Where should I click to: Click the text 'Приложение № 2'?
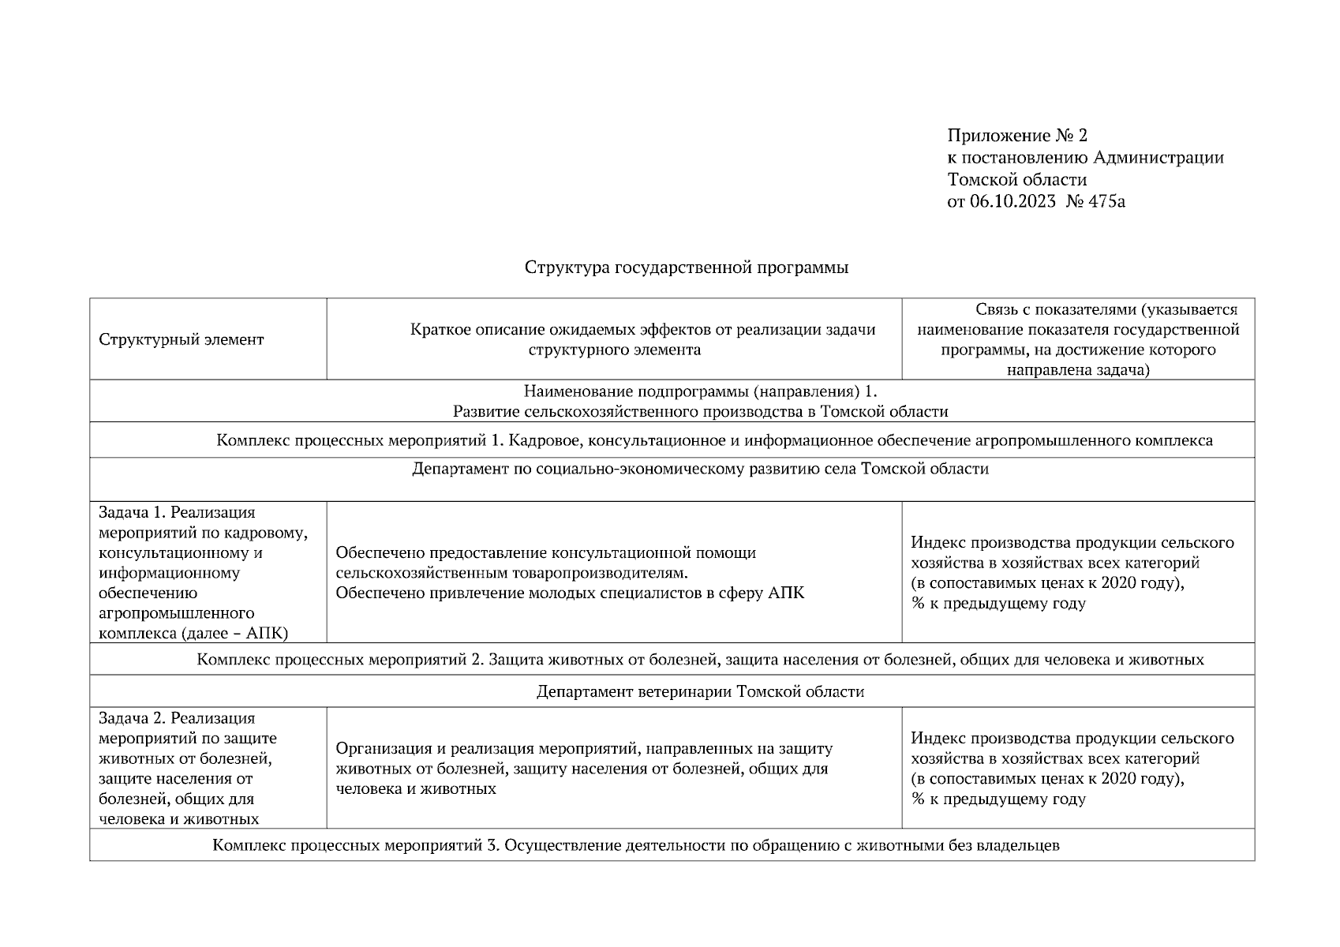(x=1017, y=136)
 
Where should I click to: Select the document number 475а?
(x=1106, y=201)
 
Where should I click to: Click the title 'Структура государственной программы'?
(x=686, y=268)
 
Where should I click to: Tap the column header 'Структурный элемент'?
(x=182, y=340)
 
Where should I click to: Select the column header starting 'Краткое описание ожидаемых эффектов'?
(x=642, y=339)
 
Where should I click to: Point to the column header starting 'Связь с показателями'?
(x=1078, y=339)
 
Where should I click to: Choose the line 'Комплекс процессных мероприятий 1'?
(x=714, y=440)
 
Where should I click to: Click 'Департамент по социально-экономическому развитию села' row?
(x=700, y=470)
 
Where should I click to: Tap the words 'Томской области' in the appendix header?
(x=1016, y=180)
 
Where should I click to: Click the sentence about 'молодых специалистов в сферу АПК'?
(x=570, y=593)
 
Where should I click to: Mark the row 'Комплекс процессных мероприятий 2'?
(x=700, y=660)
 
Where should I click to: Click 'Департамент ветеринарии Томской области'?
(x=700, y=692)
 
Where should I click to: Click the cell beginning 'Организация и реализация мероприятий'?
(x=584, y=768)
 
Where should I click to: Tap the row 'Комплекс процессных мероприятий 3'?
(x=635, y=846)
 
